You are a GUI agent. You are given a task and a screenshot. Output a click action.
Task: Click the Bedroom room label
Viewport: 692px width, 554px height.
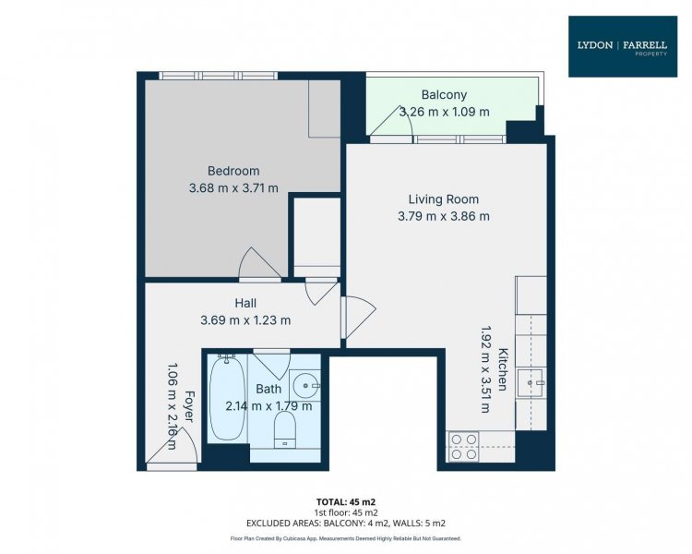coord(233,171)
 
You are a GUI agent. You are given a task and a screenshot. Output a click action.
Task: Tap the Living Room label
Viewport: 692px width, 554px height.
coord(444,199)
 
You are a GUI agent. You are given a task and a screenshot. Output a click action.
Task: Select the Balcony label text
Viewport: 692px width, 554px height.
coord(444,94)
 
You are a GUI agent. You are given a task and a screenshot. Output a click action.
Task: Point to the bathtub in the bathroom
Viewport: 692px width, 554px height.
coord(227,398)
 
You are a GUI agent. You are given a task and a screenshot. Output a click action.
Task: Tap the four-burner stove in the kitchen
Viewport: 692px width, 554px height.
coord(463,447)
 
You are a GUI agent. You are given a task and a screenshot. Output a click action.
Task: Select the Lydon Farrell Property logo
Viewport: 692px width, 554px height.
coord(623,47)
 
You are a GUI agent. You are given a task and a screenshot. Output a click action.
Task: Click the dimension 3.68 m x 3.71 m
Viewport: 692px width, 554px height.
coord(233,187)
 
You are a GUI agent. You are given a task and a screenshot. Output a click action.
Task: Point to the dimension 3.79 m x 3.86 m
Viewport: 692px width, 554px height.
coord(444,216)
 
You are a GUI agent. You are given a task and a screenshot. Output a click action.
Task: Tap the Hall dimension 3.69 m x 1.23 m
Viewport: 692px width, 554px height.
coord(245,319)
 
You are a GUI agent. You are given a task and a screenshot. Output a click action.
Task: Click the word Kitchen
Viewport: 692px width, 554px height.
coord(503,369)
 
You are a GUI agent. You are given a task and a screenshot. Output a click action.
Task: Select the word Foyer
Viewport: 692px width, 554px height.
coord(189,406)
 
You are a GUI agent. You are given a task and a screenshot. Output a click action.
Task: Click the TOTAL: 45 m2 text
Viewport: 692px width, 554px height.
coord(346,502)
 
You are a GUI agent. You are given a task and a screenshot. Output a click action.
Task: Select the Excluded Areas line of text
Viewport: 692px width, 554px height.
coord(346,524)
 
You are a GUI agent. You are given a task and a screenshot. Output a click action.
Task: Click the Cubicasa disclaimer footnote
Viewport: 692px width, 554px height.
coord(346,538)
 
